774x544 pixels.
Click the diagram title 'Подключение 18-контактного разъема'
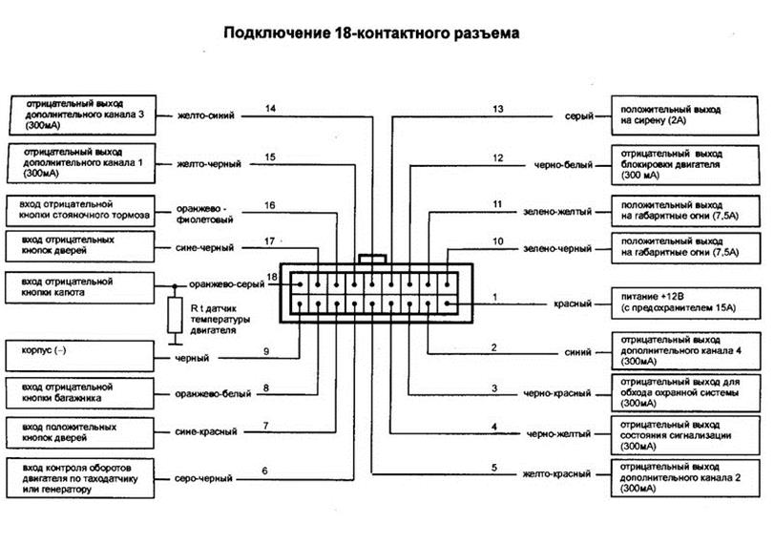(x=372, y=33)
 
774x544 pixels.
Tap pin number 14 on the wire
(x=270, y=109)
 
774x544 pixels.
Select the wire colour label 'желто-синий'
(x=206, y=116)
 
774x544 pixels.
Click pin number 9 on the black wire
(x=266, y=352)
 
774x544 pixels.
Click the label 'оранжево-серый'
(x=225, y=283)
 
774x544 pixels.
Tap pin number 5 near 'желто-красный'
(x=493, y=467)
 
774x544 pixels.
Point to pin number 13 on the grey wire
(x=497, y=109)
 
